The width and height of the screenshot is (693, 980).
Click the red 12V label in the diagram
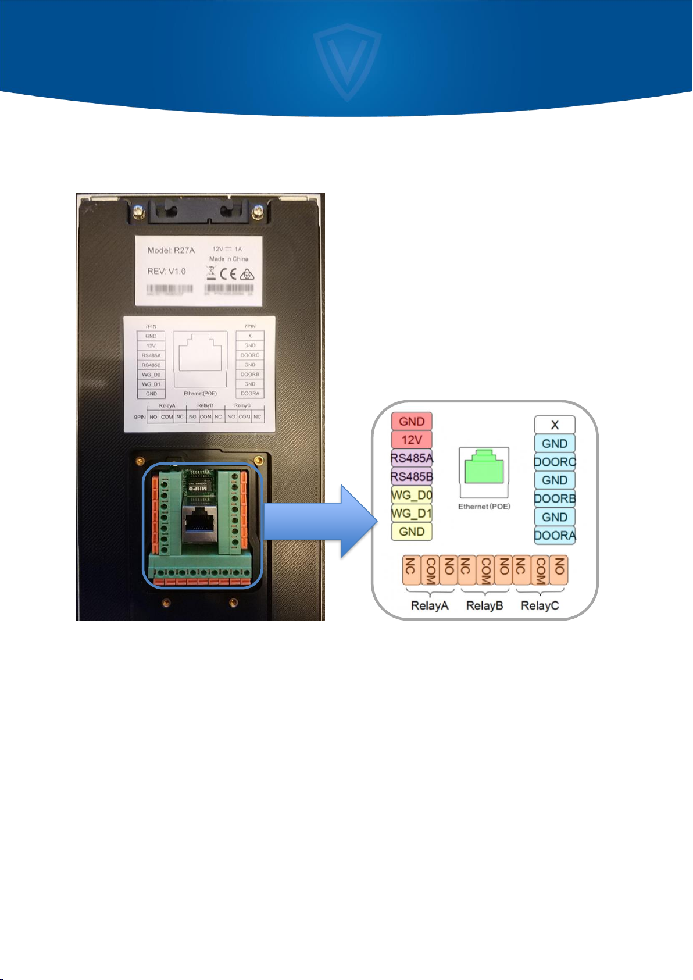412,440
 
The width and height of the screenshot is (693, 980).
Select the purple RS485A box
412,458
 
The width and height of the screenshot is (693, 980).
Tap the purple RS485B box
412,477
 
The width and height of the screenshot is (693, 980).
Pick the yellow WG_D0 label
412,496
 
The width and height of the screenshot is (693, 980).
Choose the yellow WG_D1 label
412,514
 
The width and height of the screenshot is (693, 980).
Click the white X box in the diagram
555,425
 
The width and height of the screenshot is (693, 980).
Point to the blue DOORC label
555,462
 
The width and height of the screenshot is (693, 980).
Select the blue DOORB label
555,498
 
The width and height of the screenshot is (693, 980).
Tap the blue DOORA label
555,535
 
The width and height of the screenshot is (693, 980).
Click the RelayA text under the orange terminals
430,605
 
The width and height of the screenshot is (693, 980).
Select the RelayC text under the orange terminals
540,605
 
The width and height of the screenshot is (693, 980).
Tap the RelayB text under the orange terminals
484,605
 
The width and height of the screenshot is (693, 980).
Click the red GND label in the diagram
412,422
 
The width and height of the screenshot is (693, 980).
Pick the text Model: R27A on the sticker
171,251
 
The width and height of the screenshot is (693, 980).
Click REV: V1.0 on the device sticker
166,271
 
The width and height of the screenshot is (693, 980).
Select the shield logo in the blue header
347,58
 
